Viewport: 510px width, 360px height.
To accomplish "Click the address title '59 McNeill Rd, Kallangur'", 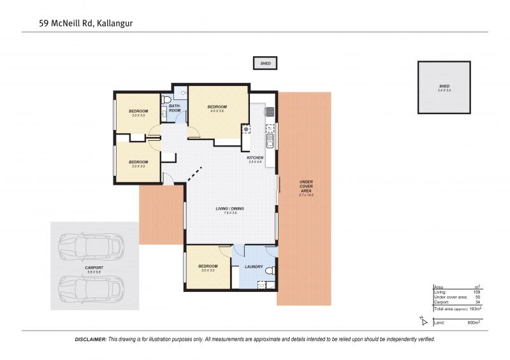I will tap(90, 24).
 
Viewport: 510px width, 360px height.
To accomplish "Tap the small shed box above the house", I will tap(265, 63).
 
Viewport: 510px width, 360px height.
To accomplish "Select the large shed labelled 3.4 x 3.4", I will tap(444, 87).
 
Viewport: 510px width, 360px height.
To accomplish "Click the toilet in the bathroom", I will tap(166, 100).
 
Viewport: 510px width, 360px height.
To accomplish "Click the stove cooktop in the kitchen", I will tap(269, 112).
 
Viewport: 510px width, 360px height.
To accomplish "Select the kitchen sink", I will tap(270, 138).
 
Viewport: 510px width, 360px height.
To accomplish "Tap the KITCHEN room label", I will tap(255, 157).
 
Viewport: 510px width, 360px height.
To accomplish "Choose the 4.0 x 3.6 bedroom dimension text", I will tap(217, 112).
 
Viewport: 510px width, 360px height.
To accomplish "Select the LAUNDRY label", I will tap(254, 266).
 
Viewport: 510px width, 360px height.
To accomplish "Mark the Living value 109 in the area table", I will tap(476, 292).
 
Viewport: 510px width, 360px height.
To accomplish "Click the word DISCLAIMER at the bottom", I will tap(91, 340).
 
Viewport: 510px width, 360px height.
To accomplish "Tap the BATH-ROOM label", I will tap(175, 108).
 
